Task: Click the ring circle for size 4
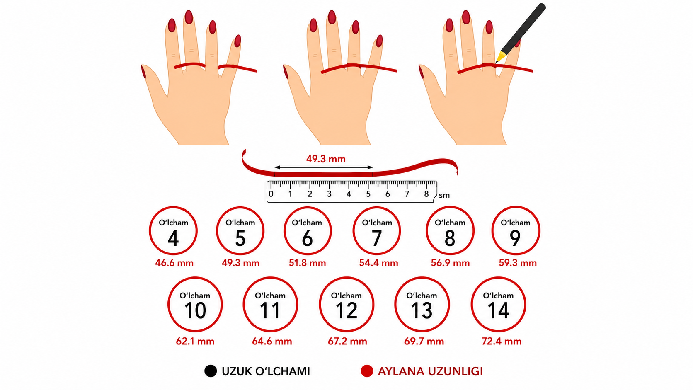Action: (150, 231)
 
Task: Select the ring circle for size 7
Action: (354, 231)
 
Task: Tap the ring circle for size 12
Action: (320, 304)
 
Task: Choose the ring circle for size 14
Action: (472, 304)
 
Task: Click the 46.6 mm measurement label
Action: (174, 263)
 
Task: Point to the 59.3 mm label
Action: (518, 263)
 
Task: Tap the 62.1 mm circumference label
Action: (195, 342)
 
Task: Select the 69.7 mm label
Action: (424, 342)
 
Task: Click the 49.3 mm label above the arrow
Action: (326, 159)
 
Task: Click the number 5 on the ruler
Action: (368, 194)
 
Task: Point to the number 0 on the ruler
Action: (271, 194)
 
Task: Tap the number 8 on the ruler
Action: (426, 194)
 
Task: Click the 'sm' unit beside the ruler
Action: (444, 196)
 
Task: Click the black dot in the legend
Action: (211, 371)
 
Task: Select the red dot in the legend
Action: (367, 371)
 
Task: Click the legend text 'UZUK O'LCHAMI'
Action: (266, 371)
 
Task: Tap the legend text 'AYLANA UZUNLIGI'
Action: (430, 371)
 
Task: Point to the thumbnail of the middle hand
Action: (285, 72)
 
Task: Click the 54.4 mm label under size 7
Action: (378, 263)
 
